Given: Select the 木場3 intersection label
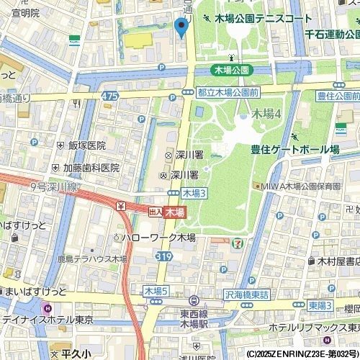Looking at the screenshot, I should point(194,193).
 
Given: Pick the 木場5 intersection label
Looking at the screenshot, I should point(156,291).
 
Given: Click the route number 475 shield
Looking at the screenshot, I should point(110,95).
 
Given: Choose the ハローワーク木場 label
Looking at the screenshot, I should point(158,236).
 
